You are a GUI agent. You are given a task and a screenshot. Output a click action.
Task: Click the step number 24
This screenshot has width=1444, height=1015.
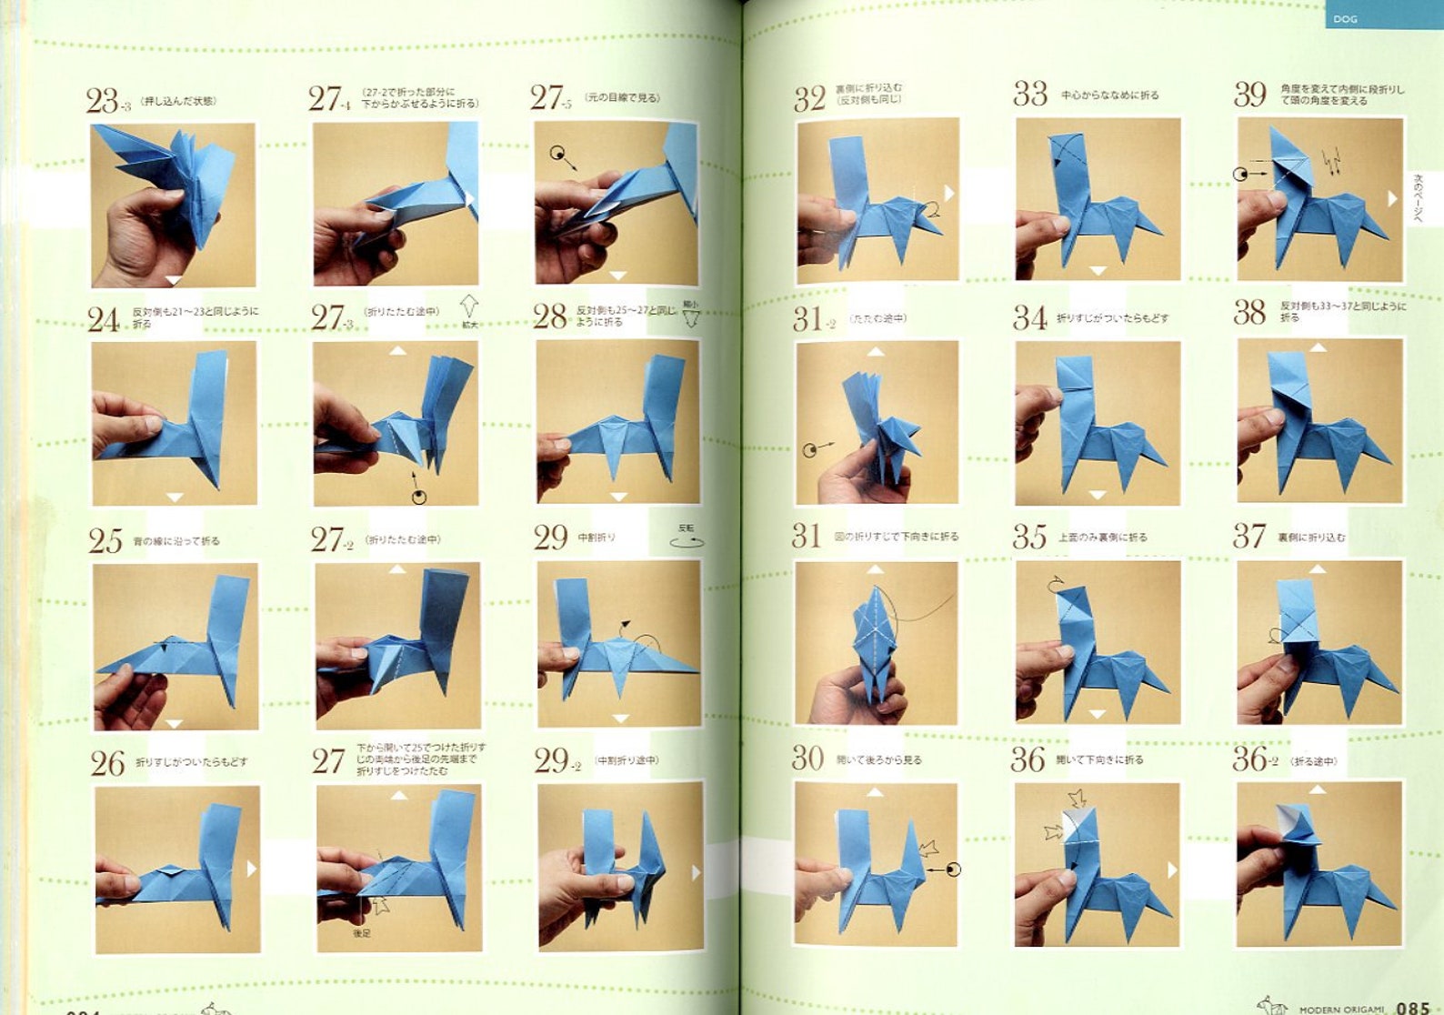[104, 319]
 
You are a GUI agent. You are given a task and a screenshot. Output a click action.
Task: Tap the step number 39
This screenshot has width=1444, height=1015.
[1250, 95]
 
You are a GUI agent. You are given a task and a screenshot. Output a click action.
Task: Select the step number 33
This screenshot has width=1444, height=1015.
[1030, 94]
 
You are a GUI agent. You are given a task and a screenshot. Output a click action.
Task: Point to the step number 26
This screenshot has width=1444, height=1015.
[107, 763]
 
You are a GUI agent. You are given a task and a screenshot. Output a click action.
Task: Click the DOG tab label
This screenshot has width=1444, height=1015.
[1345, 18]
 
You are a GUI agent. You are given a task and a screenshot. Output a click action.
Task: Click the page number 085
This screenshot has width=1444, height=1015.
[1413, 1007]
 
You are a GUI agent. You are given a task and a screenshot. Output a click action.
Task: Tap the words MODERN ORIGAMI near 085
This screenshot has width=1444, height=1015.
[1341, 1009]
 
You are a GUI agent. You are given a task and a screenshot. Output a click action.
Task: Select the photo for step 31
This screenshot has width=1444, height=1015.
[876, 642]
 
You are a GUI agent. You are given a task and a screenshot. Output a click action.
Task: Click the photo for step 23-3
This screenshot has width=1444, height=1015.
[173, 205]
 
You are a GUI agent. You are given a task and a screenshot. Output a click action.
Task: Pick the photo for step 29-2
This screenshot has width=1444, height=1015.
[620, 867]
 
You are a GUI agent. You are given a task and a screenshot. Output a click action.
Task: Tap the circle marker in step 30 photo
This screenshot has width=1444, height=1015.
[953, 869]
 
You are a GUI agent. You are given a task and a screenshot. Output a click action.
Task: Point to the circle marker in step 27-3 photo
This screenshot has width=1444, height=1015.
[419, 497]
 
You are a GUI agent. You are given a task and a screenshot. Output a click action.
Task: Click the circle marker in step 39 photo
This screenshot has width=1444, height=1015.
[1241, 174]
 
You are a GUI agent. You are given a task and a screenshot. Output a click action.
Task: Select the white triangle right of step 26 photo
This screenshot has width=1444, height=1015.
[252, 869]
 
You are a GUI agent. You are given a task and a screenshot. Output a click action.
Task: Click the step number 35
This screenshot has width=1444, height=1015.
[1029, 537]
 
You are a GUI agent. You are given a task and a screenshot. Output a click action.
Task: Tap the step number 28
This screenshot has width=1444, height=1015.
[549, 317]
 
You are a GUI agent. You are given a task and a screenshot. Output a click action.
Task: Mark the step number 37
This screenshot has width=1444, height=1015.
[1248, 536]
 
